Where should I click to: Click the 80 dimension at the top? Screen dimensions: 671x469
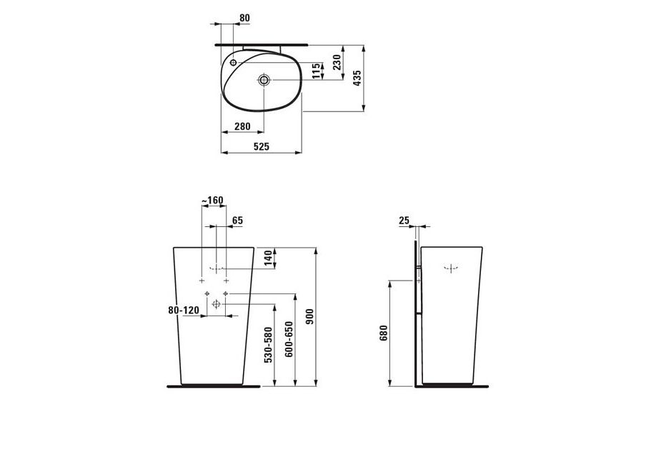coord(244,18)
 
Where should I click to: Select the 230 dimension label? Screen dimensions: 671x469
coord(337,62)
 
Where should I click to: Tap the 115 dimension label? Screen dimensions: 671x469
coord(317,71)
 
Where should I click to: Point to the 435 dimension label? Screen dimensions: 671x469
coord(357,79)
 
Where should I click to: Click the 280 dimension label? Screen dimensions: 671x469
coord(242,126)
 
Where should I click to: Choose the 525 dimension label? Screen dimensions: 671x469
coord(262,146)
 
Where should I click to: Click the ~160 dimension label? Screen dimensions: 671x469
coord(213,200)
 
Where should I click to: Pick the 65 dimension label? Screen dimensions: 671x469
coord(237,221)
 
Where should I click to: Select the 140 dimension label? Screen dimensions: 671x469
coord(268,258)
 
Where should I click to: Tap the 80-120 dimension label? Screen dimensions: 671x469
coord(184,311)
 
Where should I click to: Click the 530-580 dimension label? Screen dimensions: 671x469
coord(268,345)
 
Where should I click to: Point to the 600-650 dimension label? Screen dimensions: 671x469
coord(289,340)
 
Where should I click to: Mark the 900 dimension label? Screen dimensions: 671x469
coord(310,316)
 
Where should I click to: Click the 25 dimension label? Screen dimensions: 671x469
coord(404,221)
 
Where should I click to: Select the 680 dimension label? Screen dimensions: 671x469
coord(384,333)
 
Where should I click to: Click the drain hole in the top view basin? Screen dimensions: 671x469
coord(264,80)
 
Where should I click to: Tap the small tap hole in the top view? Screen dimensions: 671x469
coord(233,63)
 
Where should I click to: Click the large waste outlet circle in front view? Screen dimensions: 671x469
coord(216,304)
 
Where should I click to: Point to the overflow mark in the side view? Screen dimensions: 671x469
coord(452,268)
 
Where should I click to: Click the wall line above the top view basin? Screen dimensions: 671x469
coord(261,44)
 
